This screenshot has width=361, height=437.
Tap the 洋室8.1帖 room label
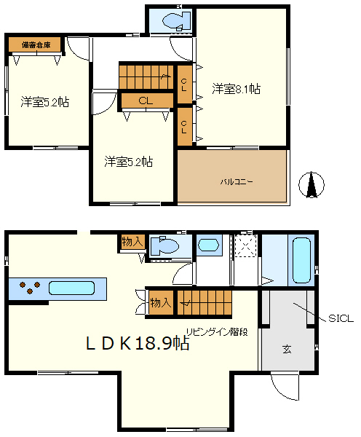pos(237,88)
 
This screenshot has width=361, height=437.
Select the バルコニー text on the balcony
pos(237,181)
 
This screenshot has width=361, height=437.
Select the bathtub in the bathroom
pos(301,260)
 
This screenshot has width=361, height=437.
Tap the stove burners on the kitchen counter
pos(28,287)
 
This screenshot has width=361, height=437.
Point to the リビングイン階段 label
pos(216,332)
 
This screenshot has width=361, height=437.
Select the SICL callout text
pos(341,318)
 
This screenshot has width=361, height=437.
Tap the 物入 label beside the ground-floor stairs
pos(160,302)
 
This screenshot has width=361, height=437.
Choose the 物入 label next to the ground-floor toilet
pos(133,241)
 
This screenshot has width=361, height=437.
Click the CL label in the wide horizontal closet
pos(145,101)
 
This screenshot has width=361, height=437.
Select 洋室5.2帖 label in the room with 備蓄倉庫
pos(44,103)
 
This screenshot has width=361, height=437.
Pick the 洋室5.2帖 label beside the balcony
pos(127,161)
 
